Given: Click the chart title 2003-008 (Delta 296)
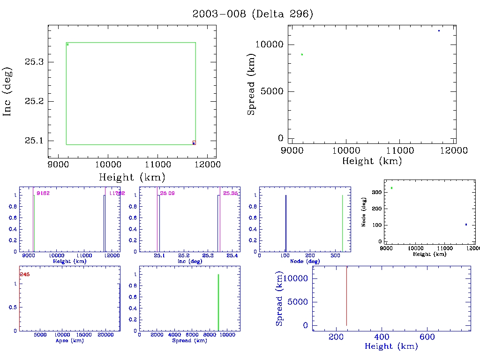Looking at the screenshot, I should tap(253, 14).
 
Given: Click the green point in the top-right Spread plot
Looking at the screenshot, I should tap(302, 54).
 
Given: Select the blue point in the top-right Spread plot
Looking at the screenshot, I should tap(439, 30).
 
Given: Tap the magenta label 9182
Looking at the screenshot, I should tap(43, 193).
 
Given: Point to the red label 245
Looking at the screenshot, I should tap(25, 275).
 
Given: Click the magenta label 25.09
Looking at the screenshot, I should tap(167, 193).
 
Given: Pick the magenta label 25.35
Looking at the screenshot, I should tap(230, 193).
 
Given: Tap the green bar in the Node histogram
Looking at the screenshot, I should tap(342, 223).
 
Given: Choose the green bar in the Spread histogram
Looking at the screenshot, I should tap(218, 302).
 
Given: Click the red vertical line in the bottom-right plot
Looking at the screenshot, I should tap(346, 295).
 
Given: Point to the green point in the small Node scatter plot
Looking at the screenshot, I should tap(391, 188).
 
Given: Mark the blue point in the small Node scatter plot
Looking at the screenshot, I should tap(466, 224).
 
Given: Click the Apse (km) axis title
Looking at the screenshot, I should tap(69, 340).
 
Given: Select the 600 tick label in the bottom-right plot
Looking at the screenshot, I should tap(427, 337).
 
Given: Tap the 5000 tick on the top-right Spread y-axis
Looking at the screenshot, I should tap(272, 91).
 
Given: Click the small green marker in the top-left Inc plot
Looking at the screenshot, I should tap(67, 45).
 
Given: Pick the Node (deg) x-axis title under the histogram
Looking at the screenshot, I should tap(305, 261).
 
